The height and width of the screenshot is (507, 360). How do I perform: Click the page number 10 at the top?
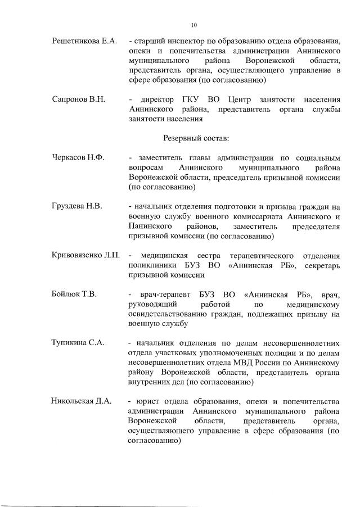(x=194, y=25)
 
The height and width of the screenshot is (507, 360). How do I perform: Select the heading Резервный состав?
(x=195, y=137)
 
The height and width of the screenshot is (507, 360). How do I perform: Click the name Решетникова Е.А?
(x=84, y=41)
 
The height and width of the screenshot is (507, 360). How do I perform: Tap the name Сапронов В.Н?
(x=79, y=99)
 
